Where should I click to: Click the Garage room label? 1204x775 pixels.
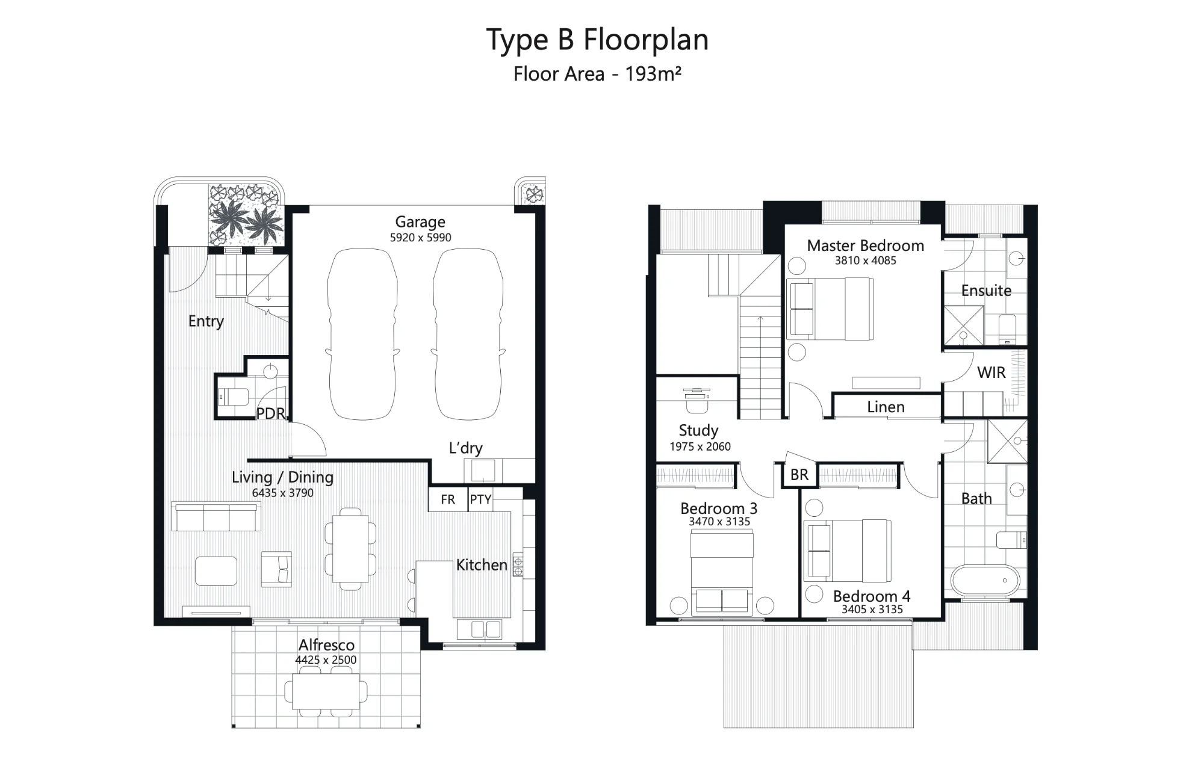pyautogui.click(x=420, y=222)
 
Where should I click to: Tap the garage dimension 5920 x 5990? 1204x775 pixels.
pyautogui.click(x=420, y=238)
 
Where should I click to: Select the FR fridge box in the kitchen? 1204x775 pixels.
pyautogui.click(x=448, y=499)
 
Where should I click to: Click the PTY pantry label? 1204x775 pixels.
pyautogui.click(x=480, y=499)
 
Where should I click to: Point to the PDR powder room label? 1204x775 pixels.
pyautogui.click(x=270, y=413)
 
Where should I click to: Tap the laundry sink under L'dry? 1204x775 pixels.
pyautogui.click(x=483, y=471)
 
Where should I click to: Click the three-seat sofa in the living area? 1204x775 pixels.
pyautogui.click(x=216, y=516)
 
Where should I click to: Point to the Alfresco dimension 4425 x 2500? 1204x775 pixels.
pyautogui.click(x=326, y=660)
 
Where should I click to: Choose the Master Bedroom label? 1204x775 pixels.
pyautogui.click(x=865, y=245)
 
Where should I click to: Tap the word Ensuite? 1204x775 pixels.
pyautogui.click(x=986, y=291)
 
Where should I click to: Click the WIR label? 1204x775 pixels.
pyautogui.click(x=991, y=372)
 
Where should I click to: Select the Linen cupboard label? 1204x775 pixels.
pyautogui.click(x=886, y=407)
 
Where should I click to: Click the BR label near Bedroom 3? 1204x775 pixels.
pyautogui.click(x=799, y=475)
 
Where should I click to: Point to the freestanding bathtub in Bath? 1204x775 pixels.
pyautogui.click(x=985, y=581)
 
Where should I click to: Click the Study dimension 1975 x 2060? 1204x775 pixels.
pyautogui.click(x=700, y=446)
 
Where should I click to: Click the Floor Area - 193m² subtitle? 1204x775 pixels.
pyautogui.click(x=597, y=74)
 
